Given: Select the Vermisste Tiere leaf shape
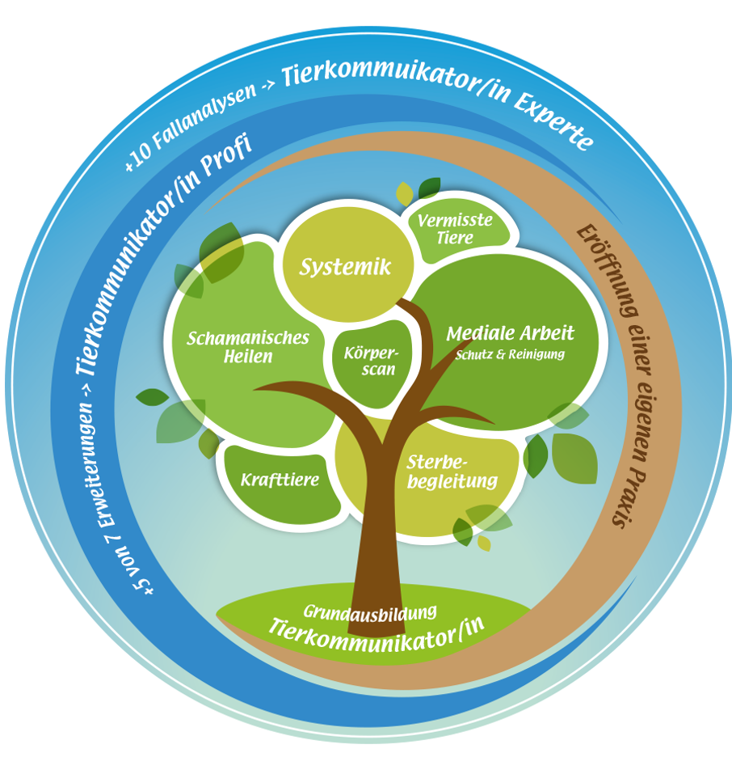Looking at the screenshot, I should click(456, 227).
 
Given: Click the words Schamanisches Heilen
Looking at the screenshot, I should click(248, 346).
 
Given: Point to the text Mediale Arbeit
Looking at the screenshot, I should click(510, 332).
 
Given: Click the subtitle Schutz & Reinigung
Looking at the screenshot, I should click(510, 354).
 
